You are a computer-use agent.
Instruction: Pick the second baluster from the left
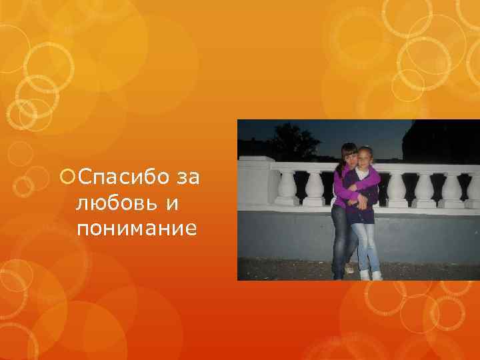click(314, 187)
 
